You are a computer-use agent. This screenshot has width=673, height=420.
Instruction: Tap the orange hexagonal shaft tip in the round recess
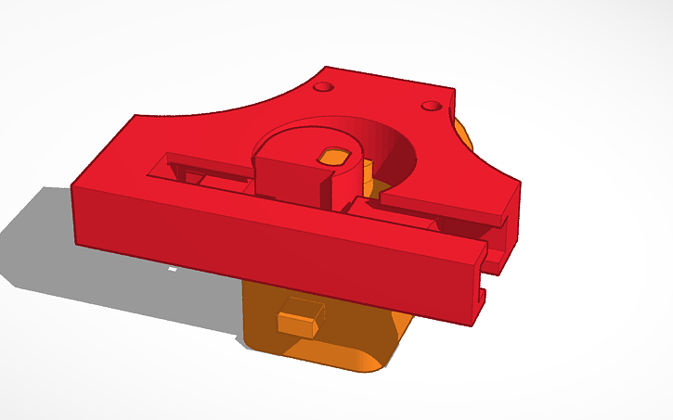pos(334,156)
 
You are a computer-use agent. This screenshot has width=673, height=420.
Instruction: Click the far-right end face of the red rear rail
pos(506,223)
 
